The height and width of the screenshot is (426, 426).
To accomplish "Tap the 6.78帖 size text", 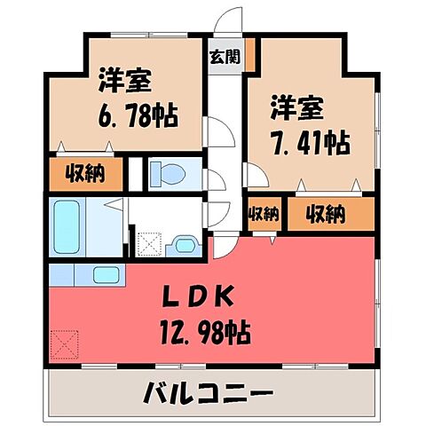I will (130, 115).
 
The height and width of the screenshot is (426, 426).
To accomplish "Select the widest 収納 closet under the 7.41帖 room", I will (327, 213).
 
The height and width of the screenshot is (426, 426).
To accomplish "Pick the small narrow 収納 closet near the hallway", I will (264, 214).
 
